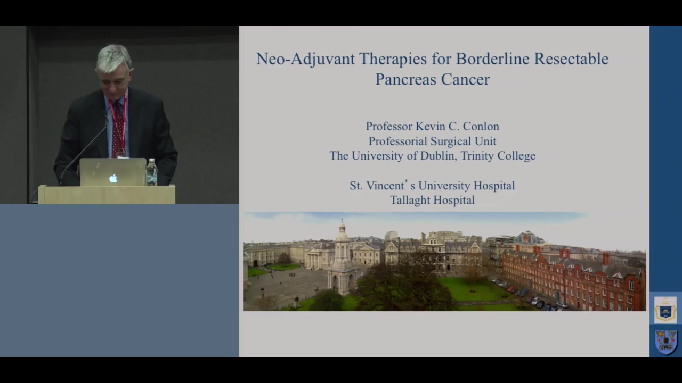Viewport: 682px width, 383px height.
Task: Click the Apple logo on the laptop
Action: tap(113, 178)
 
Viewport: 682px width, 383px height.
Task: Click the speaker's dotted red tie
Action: tap(118, 131)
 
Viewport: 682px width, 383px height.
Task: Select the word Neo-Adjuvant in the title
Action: tap(305, 59)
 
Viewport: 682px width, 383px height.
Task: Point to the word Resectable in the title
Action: tap(571, 59)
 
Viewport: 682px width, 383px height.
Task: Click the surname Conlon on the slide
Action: tap(481, 127)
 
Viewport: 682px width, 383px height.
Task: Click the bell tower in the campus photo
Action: tap(343, 258)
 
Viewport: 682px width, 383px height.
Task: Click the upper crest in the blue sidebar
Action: tap(665, 310)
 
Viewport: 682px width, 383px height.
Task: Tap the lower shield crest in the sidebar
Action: tap(666, 342)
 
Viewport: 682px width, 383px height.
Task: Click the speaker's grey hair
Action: tap(113, 58)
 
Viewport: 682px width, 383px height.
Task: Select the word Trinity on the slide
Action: tap(477, 156)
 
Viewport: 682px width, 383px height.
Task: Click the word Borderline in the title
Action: tap(493, 59)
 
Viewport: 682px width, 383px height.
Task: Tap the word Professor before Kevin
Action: tap(389, 127)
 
